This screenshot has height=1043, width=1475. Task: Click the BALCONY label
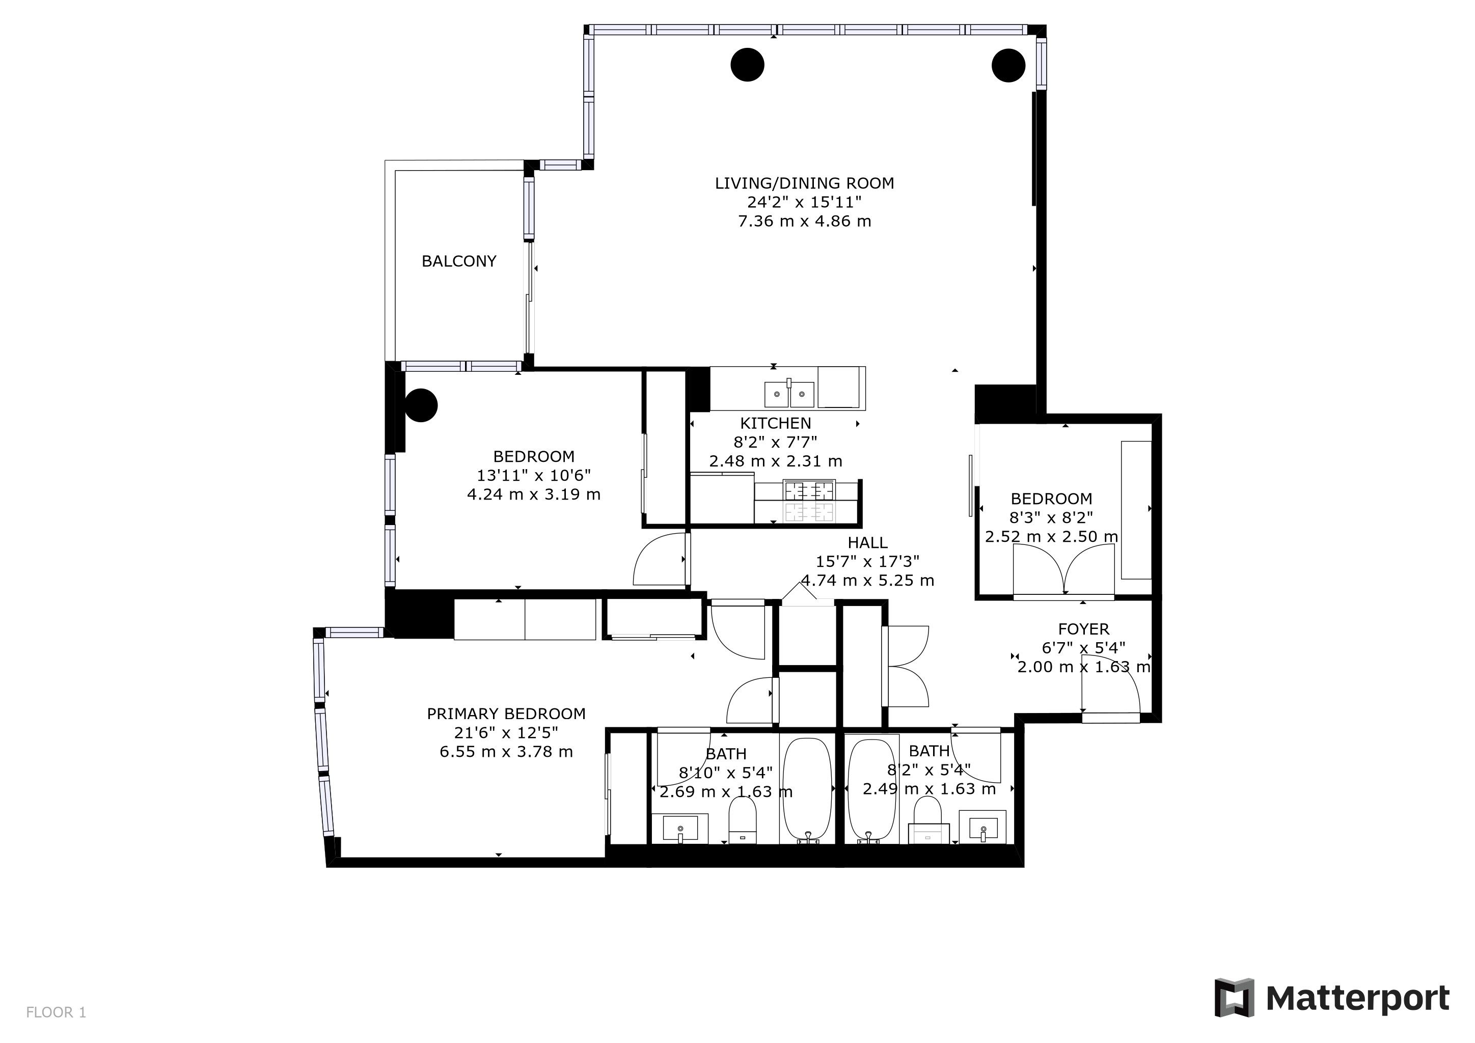coord(459,261)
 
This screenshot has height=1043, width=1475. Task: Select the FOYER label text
coord(1084,629)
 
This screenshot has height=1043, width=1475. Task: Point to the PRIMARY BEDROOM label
coord(506,713)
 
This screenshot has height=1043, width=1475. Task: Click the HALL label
coord(868,543)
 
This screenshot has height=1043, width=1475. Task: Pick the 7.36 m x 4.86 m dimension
coord(804,222)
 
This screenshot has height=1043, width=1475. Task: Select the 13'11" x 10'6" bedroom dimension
coord(534,476)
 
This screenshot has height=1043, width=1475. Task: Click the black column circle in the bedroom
coord(421,405)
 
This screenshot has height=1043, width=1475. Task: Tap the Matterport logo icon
coord(1234,997)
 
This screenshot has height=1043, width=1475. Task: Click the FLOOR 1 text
coord(56,1013)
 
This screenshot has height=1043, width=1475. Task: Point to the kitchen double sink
coord(789,394)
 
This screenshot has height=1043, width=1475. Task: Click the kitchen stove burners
coord(809,502)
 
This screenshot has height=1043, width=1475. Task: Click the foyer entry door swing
coord(1111,686)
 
